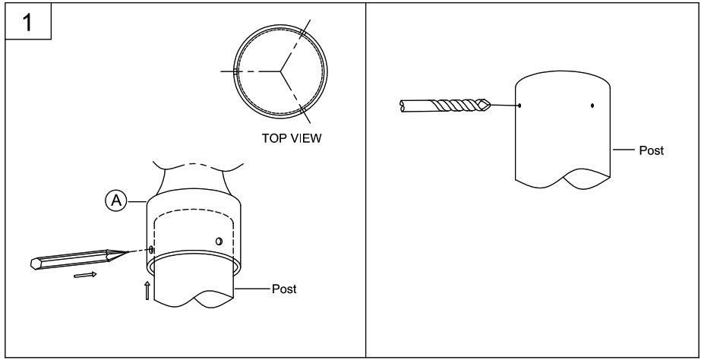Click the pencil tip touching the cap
pos(126,253)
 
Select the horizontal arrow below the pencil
pos(86,274)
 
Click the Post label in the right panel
pos(651,150)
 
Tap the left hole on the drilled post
pos(519,105)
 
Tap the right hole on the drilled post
pos(592,105)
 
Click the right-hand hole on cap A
pos(219,241)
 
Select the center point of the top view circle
pos(280,71)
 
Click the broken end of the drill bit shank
pos(402,106)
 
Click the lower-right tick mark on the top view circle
pos(303,112)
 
